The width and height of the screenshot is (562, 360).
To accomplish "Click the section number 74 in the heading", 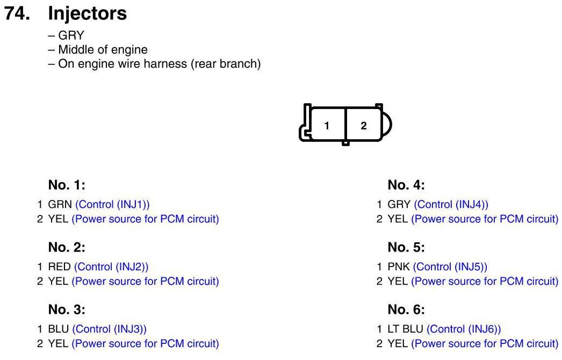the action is point(18,13).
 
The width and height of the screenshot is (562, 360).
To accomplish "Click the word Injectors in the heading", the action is point(88,13).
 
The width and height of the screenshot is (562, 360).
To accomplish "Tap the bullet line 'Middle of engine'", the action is point(103,50).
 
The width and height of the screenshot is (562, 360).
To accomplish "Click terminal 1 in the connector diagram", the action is point(327,126).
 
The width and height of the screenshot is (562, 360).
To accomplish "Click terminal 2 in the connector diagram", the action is point(364,126).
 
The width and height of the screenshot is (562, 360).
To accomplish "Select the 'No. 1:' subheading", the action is point(67,185).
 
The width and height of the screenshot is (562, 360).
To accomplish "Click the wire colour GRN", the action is point(60,205).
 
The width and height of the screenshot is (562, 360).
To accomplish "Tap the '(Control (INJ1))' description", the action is point(113,205).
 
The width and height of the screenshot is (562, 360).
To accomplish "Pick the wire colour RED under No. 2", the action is point(59,267).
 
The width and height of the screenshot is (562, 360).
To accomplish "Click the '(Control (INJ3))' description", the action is point(110,329).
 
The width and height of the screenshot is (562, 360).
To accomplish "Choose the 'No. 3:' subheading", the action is point(67,309).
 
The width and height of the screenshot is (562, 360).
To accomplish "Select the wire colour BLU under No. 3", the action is point(59,329).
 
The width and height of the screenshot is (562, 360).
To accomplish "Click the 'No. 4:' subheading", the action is point(406,185).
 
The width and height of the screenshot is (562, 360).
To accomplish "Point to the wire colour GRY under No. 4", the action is point(399,205).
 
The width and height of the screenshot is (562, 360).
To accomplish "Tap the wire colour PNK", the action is point(399,267).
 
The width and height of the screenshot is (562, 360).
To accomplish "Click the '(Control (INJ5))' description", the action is point(450,267).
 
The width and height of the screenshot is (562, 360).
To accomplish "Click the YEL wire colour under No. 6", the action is point(398,344).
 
